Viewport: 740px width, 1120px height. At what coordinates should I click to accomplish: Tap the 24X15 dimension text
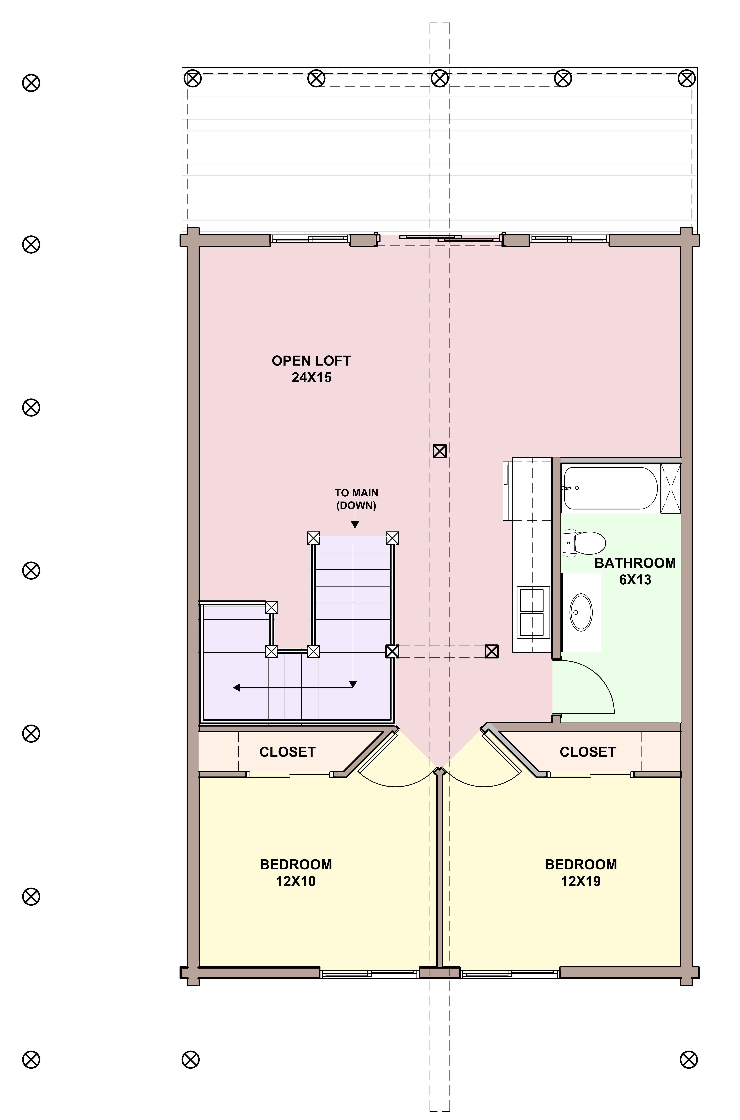(312, 378)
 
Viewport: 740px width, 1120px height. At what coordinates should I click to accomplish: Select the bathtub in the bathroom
(610, 488)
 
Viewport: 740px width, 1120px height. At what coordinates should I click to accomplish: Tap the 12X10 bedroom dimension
(296, 881)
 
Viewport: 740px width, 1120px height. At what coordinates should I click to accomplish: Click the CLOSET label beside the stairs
(287, 752)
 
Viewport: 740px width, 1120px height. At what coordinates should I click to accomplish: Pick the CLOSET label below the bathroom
(588, 752)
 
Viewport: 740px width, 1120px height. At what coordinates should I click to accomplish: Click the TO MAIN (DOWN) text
(356, 499)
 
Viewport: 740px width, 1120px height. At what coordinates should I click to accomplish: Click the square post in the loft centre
(439, 451)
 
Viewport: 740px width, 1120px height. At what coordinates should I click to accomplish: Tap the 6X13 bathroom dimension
(635, 580)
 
